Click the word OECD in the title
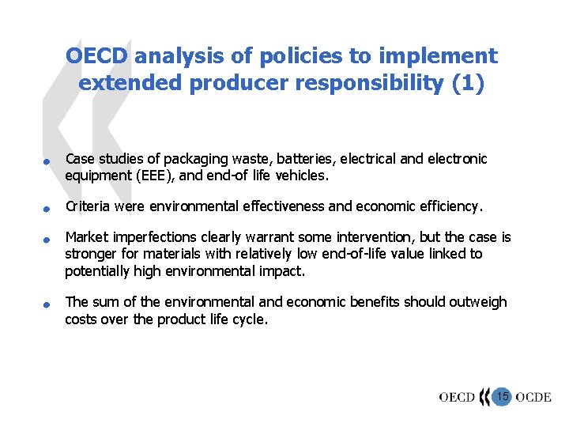click(x=98, y=56)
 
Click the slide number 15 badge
click(x=503, y=395)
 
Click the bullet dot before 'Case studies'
click(x=47, y=162)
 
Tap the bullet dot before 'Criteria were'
click(x=47, y=210)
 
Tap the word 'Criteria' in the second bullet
click(x=88, y=207)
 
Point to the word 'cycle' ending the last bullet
click(x=247, y=319)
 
